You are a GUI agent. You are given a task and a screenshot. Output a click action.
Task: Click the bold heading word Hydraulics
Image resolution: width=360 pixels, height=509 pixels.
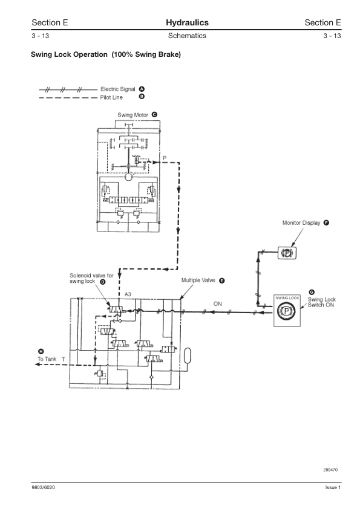click(x=187, y=23)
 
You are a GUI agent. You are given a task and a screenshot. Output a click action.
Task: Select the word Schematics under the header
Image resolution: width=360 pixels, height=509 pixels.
click(x=187, y=36)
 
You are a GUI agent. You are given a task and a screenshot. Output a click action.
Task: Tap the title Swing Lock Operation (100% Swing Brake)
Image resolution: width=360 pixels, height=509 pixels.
click(x=106, y=54)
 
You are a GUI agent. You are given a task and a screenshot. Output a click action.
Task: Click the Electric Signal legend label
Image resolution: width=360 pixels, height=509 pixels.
click(x=117, y=89)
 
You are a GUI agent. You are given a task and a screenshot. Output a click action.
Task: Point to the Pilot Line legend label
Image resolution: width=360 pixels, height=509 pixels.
click(x=111, y=97)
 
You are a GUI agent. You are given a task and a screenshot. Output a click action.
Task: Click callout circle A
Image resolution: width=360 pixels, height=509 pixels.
click(x=142, y=89)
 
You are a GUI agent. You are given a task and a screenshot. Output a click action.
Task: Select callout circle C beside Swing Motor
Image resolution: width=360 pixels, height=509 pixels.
click(x=155, y=115)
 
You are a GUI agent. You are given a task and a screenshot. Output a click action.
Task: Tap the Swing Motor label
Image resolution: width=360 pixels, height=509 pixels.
click(x=133, y=115)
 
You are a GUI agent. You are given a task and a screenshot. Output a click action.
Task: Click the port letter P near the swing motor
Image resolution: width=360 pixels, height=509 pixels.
click(x=165, y=158)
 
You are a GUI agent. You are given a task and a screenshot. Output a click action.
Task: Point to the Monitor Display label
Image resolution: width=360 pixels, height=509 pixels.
click(x=301, y=222)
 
